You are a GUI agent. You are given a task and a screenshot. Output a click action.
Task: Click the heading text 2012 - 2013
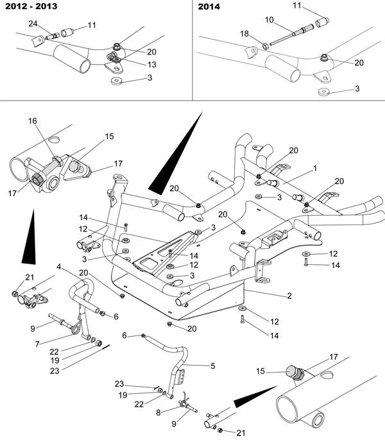click(31, 6)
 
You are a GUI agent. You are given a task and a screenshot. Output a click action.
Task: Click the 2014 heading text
click(209, 6)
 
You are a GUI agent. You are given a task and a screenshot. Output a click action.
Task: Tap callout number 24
click(33, 24)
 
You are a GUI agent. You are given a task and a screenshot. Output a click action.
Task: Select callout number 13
click(152, 65)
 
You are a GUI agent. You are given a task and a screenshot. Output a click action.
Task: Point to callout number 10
click(269, 20)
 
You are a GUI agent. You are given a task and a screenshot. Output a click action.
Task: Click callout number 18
click(244, 33)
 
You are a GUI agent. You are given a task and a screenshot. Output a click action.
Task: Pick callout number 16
click(33, 121)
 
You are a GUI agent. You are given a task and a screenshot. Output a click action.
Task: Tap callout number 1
click(315, 168)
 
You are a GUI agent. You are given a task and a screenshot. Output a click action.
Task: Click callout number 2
click(289, 296)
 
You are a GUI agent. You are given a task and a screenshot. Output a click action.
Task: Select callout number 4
click(58, 267)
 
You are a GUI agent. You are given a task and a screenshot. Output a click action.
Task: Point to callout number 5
click(213, 366)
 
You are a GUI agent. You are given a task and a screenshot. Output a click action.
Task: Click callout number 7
click(37, 344)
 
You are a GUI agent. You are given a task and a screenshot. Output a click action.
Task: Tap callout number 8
click(158, 412)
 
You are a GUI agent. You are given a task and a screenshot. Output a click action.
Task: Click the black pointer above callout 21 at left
click(30, 241)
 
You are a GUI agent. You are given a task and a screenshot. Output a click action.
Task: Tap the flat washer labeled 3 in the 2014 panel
click(324, 92)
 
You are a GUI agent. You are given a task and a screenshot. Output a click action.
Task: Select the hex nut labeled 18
click(266, 46)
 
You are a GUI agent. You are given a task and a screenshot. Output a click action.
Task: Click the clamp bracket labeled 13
click(114, 57)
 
